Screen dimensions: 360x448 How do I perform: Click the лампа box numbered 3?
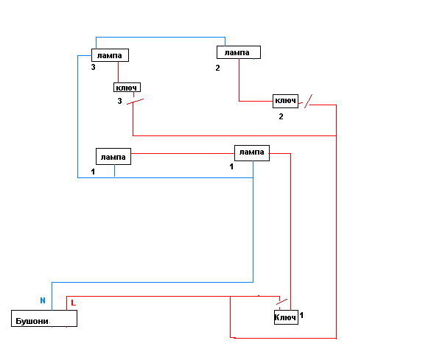click(110, 55)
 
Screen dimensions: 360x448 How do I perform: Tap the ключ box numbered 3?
click(127, 87)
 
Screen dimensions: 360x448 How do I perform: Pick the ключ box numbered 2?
click(285, 101)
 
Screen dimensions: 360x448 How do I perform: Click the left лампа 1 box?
click(113, 156)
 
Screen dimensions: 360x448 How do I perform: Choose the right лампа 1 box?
click(251, 152)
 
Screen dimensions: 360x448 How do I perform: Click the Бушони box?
click(44, 319)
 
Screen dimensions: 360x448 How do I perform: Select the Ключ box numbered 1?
click(286, 317)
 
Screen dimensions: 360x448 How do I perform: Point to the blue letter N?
click(43, 300)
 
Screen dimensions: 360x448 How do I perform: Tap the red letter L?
click(71, 303)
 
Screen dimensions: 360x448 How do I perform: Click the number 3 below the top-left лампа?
click(94, 68)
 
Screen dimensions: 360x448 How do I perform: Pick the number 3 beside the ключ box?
click(119, 101)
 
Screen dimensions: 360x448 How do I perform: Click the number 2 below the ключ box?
click(281, 116)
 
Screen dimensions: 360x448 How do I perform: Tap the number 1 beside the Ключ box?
click(302, 315)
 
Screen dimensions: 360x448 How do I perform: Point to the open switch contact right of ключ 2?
click(309, 99)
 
